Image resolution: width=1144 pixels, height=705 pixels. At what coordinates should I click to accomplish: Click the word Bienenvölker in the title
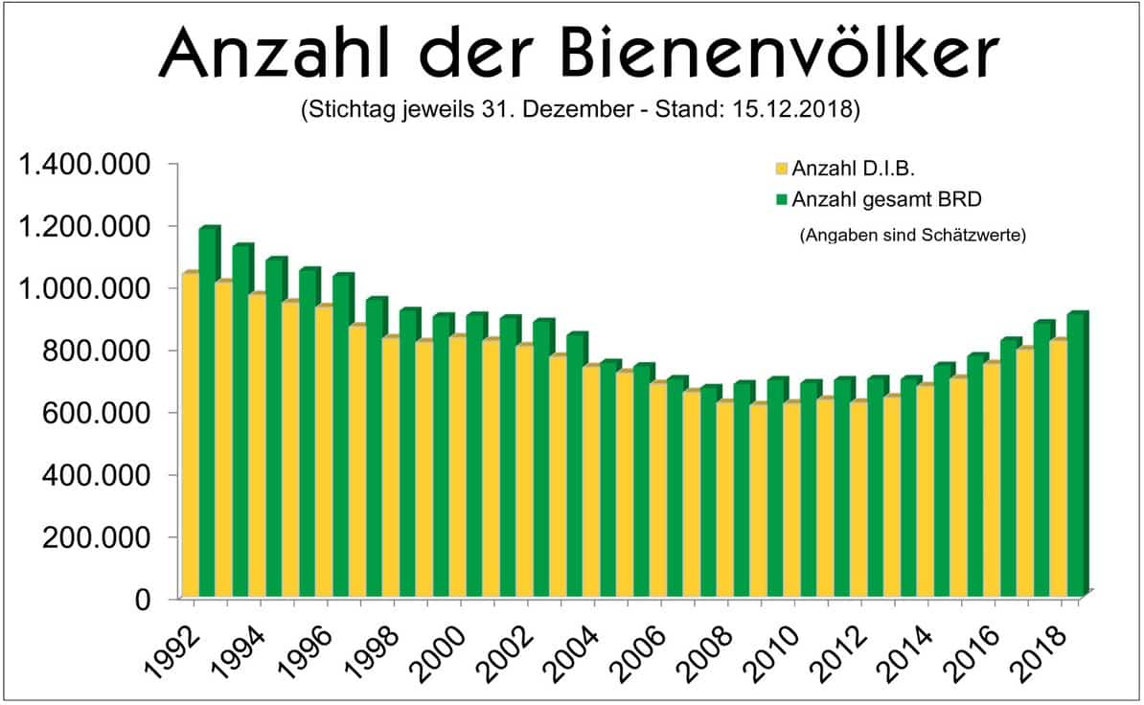[786, 53]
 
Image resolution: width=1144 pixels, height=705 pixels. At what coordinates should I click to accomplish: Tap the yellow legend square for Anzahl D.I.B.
[781, 170]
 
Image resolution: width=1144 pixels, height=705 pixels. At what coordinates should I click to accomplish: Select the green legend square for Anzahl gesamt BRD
[781, 199]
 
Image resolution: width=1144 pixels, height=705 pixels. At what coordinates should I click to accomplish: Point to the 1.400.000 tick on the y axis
[87, 165]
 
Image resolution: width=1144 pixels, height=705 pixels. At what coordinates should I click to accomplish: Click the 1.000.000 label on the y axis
[87, 288]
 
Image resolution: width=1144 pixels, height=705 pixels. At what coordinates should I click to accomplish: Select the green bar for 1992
[207, 412]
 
